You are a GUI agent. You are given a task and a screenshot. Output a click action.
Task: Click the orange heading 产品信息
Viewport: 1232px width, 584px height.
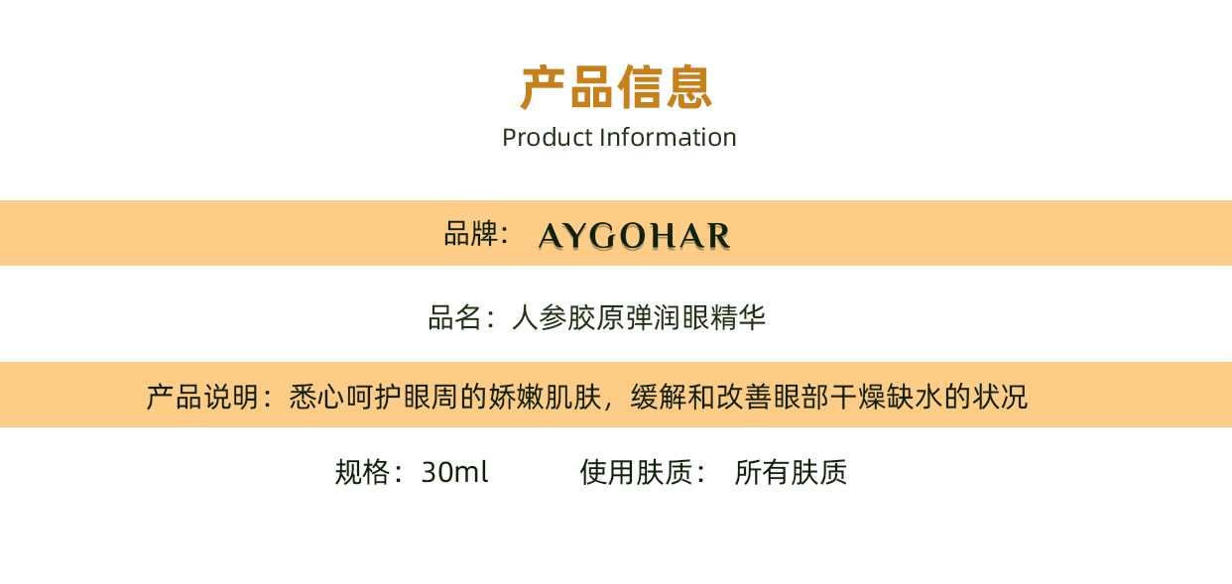coord(616,87)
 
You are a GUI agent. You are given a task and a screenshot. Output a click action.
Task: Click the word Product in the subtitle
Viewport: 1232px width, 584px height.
coord(548,138)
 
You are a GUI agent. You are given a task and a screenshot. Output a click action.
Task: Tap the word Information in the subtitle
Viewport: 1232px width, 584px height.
coord(668,138)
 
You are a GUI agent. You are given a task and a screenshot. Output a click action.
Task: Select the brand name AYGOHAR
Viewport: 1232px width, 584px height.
coord(634,236)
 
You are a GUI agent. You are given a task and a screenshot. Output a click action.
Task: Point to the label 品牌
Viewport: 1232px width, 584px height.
coord(470,234)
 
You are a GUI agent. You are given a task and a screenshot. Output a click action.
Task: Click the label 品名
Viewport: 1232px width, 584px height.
coord(455,318)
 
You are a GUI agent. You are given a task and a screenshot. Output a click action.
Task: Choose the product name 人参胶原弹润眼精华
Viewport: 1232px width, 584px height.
coord(639,318)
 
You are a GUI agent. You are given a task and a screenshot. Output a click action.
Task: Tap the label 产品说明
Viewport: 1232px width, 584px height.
coord(202,397)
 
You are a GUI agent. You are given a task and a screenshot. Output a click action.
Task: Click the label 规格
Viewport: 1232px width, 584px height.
coord(362,472)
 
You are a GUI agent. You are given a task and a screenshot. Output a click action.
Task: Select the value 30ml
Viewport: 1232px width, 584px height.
coord(455,472)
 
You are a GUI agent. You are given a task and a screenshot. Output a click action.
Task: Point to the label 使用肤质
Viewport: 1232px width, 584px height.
coord(636,472)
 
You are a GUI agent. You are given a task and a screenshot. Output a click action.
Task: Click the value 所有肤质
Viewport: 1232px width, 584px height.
coord(791,472)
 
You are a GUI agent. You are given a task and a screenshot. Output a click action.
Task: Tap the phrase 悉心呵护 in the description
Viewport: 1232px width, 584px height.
coord(346,397)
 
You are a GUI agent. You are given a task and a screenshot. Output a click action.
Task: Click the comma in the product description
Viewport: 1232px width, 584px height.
coord(608,406)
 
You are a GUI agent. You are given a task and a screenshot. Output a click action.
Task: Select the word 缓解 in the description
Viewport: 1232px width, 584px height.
coord(659,397)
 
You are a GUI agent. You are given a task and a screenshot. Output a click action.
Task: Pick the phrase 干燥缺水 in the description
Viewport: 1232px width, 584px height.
coord(887,397)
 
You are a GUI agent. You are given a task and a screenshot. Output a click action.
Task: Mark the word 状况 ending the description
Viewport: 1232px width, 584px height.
coord(1000,397)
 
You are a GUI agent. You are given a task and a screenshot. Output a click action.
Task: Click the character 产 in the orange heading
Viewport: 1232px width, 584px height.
coord(543,87)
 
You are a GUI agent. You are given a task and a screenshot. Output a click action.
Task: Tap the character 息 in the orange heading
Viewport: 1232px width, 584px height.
coord(689,87)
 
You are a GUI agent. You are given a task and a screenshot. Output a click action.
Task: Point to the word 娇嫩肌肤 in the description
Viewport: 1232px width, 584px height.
coord(545,397)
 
